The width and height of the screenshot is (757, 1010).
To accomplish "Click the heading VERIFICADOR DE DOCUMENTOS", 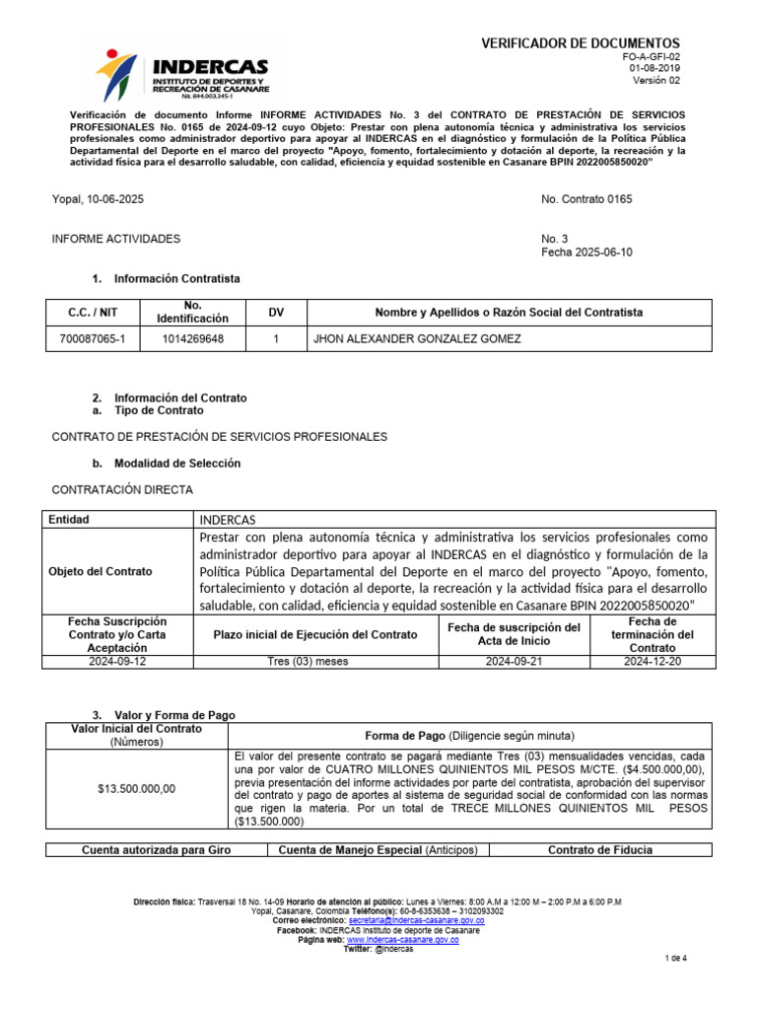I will (580, 43).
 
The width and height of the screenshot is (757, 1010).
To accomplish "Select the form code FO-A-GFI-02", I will (646, 58).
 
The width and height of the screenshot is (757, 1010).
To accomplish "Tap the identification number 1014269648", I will (192, 339).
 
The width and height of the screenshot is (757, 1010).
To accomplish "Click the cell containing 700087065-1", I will (93, 339).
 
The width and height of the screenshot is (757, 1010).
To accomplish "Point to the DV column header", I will (276, 313).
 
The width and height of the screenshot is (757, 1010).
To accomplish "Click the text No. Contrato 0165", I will (586, 199).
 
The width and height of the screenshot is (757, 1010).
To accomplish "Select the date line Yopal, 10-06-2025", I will (98, 199).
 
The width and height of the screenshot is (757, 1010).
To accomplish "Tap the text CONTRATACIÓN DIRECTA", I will (122, 489).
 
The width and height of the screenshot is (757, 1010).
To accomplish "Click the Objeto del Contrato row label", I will (101, 572).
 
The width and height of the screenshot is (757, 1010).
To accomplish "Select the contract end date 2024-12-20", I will (653, 662).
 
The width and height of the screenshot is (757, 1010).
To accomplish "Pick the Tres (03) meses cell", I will (309, 662).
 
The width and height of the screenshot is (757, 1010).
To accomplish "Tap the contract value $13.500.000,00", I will (137, 788).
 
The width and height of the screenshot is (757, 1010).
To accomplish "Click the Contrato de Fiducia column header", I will (599, 849).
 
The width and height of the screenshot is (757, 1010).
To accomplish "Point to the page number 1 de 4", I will (676, 959).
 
